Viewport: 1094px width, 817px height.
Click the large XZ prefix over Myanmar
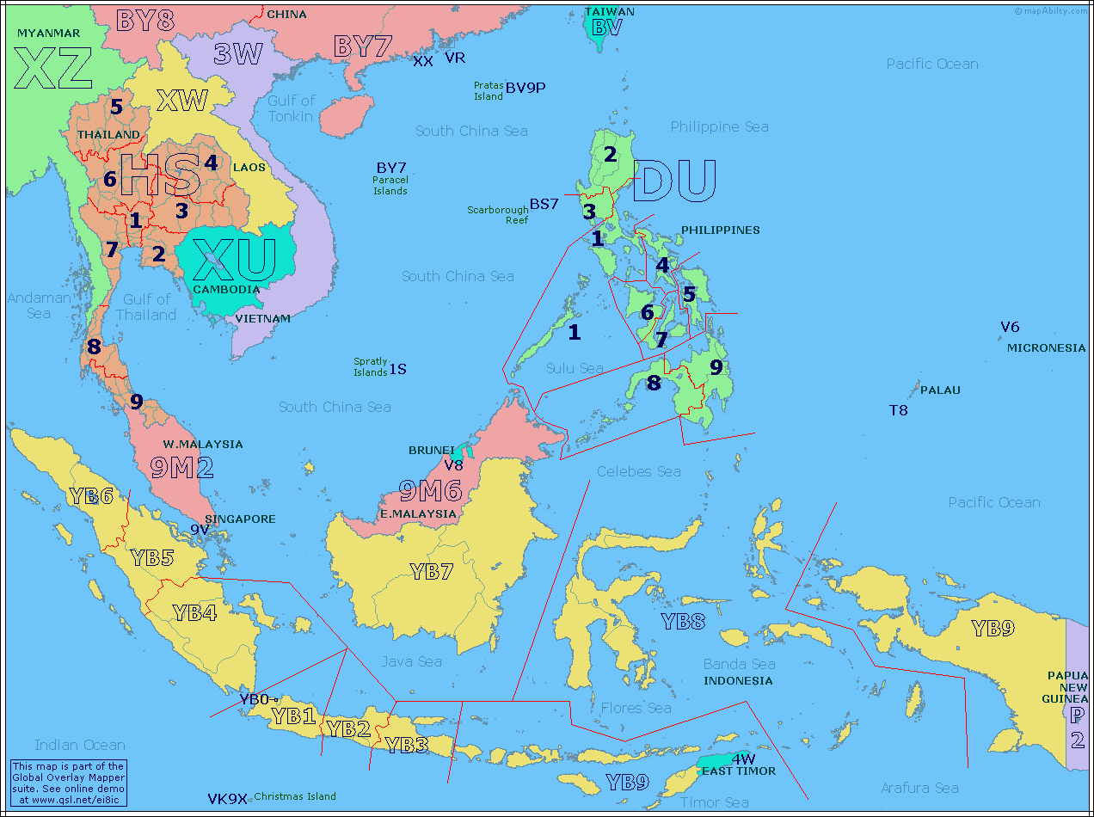pyautogui.click(x=53, y=69)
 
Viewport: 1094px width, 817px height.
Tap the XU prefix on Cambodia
pyautogui.click(x=234, y=261)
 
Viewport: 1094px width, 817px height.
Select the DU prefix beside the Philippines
pyautogui.click(x=674, y=181)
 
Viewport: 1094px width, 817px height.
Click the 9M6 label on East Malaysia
pyautogui.click(x=430, y=490)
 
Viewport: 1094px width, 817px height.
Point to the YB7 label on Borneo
pyautogui.click(x=431, y=570)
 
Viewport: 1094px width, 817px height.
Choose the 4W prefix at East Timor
pyautogui.click(x=743, y=759)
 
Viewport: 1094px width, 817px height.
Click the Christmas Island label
pyautogui.click(x=294, y=796)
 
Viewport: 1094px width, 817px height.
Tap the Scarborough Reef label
pyautogui.click(x=497, y=215)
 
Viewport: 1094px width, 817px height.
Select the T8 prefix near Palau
pyautogui.click(x=898, y=410)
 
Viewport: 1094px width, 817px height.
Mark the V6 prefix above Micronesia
pyautogui.click(x=1010, y=327)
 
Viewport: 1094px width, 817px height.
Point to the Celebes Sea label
pyautogui.click(x=638, y=471)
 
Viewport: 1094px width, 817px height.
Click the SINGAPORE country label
pyautogui.click(x=240, y=519)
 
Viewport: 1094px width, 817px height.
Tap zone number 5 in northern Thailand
pyautogui.click(x=116, y=107)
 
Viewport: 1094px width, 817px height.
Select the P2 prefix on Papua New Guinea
pyautogui.click(x=1077, y=726)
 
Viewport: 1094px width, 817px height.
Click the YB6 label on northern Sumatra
pyautogui.click(x=91, y=496)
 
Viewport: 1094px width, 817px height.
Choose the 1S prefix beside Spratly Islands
pyautogui.click(x=397, y=369)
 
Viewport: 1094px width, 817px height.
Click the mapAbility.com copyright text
pyautogui.click(x=1050, y=11)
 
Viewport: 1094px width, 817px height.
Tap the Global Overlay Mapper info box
pyautogui.click(x=69, y=783)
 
